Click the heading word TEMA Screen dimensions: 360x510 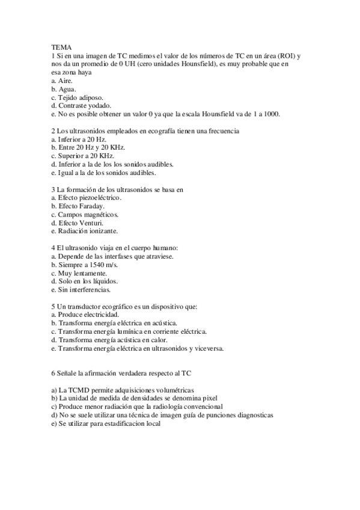(61, 46)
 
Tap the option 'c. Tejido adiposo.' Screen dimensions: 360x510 (78, 97)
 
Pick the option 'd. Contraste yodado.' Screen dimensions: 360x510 (81, 105)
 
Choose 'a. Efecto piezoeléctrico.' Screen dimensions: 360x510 (87, 197)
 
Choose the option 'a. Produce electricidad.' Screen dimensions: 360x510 (85, 315)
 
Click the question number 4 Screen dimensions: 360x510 (53, 248)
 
